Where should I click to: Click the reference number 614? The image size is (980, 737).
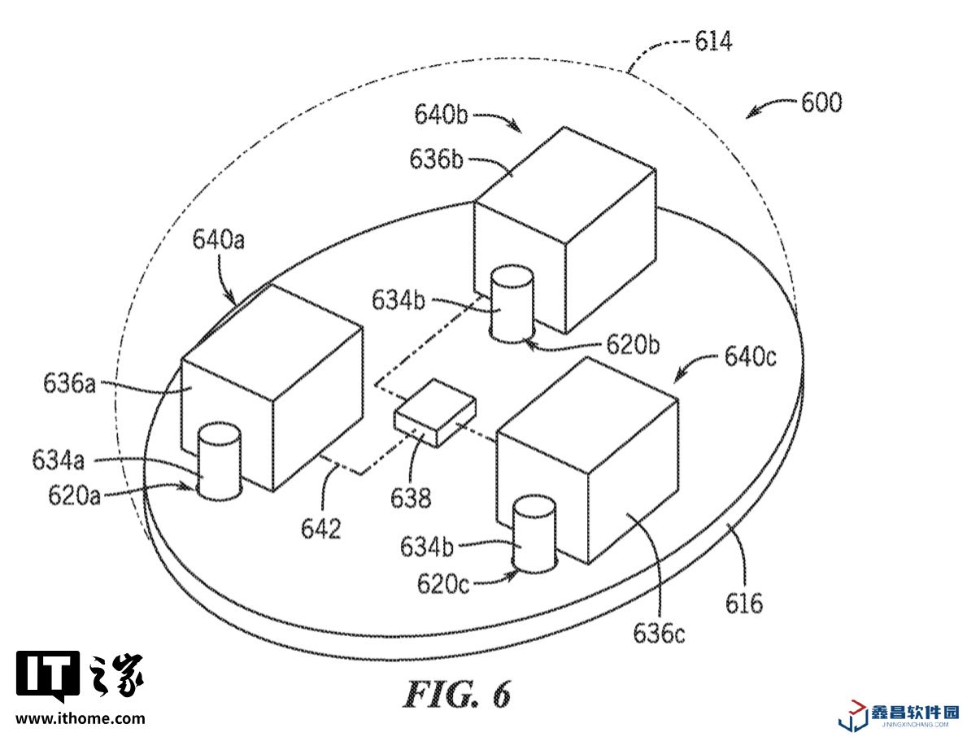pyautogui.click(x=713, y=41)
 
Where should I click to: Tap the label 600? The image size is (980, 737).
pyautogui.click(x=821, y=103)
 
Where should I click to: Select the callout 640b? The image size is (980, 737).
pyautogui.click(x=441, y=115)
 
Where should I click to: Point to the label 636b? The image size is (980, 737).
pyautogui.click(x=437, y=158)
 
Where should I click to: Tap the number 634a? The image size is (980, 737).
pyautogui.click(x=59, y=460)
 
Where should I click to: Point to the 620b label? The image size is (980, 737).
pyautogui.click(x=632, y=345)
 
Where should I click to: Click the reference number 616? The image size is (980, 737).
pyautogui.click(x=744, y=603)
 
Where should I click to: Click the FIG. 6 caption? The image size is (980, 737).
pyautogui.click(x=458, y=694)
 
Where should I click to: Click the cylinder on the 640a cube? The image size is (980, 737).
pyautogui.click(x=220, y=460)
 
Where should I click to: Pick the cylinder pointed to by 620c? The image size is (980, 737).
pyautogui.click(x=532, y=534)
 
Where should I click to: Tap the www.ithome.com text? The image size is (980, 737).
pyautogui.click(x=81, y=718)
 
